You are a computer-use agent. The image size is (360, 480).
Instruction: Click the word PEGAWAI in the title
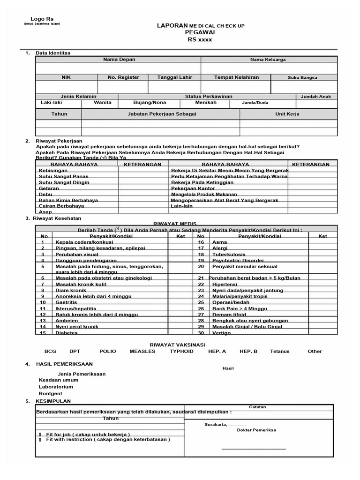click(x=199, y=32)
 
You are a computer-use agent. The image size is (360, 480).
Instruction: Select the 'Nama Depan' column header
click(x=119, y=60)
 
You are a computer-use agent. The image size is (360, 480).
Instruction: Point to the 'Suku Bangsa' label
click(x=302, y=78)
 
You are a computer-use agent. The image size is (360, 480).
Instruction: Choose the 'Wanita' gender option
click(x=103, y=102)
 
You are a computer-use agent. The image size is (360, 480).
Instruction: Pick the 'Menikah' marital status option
click(x=206, y=102)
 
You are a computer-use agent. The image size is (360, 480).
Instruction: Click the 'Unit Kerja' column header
click(x=287, y=114)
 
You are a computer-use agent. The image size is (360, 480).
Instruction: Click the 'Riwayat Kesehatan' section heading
click(x=59, y=218)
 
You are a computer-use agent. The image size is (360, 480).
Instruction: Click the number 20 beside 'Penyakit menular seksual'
click(x=201, y=266)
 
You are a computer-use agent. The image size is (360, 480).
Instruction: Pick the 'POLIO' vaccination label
click(x=107, y=351)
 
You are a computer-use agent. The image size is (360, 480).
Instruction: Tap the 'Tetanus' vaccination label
click(x=280, y=351)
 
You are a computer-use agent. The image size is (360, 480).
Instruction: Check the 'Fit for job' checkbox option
click(x=40, y=434)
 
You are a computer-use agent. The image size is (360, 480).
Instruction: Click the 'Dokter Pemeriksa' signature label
click(x=256, y=430)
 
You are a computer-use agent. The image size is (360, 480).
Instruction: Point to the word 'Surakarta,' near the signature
click(x=215, y=425)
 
